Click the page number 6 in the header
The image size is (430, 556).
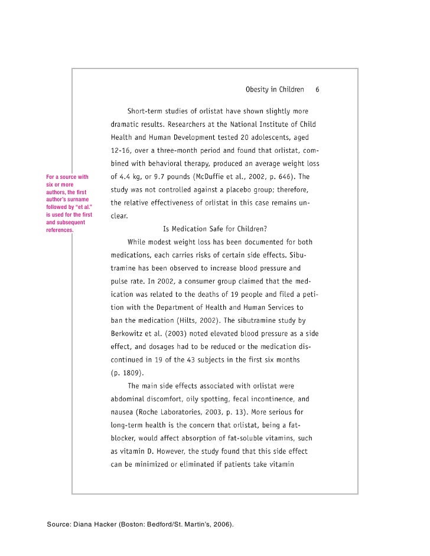point(317,90)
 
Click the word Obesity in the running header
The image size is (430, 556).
point(258,90)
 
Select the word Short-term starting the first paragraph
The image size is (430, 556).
point(145,111)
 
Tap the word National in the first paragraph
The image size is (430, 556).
point(236,125)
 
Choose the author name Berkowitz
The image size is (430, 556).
point(129,333)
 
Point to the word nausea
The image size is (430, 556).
point(122,412)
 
